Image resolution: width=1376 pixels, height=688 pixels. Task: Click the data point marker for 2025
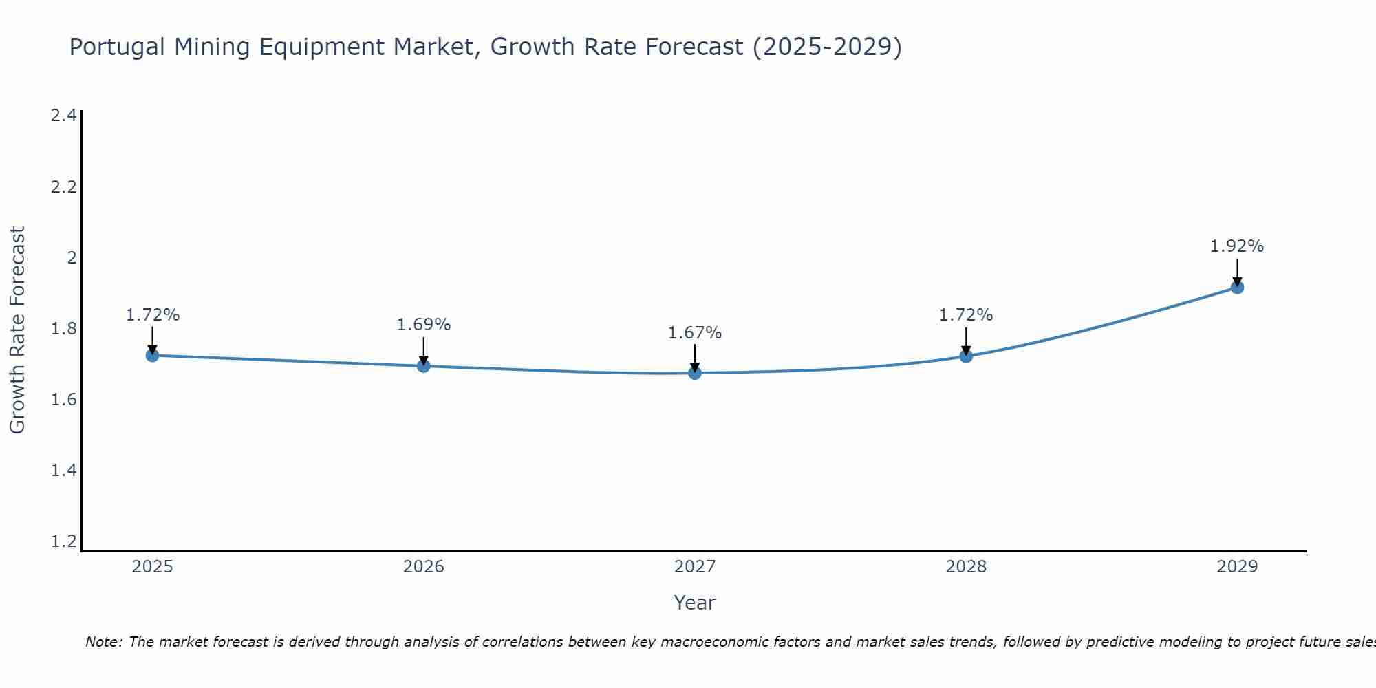153,356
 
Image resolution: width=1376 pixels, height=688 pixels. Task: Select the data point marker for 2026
424,366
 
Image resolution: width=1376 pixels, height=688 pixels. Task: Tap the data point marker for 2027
695,373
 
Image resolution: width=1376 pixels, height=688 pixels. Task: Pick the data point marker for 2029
1237,288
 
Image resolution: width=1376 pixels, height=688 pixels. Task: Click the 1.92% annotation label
1237,246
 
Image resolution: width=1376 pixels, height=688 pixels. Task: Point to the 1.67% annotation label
695,334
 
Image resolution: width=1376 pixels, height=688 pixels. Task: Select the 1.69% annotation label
424,325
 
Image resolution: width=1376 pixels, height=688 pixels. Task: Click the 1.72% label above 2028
966,315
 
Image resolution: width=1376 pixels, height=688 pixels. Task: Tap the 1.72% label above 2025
153,315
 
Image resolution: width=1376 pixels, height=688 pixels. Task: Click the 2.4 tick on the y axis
63,116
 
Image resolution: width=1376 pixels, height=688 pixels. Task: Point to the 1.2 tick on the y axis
63,541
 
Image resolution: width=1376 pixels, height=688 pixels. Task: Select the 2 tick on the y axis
71,258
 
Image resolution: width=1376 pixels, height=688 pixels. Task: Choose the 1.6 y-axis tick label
63,400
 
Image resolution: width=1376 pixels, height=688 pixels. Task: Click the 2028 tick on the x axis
966,567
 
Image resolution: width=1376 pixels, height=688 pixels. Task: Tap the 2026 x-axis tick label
424,567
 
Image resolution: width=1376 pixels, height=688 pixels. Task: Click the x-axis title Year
695,603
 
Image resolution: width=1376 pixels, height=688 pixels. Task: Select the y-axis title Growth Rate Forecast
17,330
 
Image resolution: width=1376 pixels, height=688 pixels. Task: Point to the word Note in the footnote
103,642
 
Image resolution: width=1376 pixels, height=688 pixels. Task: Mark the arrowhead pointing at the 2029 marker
1237,281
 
